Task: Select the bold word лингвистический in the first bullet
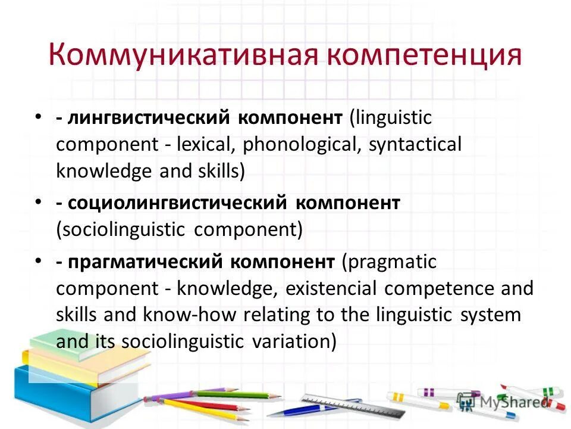[x=153, y=117]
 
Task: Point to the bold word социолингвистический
[x=178, y=203]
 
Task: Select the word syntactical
[x=415, y=145]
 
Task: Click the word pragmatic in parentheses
[x=389, y=261]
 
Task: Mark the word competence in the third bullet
[x=437, y=288]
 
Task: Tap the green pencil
[x=238, y=394]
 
